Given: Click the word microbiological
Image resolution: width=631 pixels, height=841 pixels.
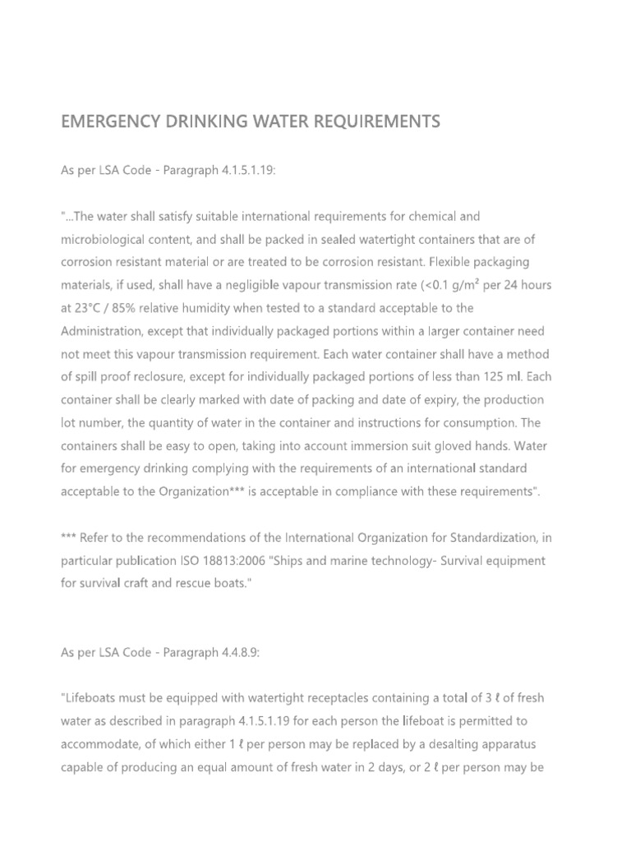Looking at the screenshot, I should point(106,239).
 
